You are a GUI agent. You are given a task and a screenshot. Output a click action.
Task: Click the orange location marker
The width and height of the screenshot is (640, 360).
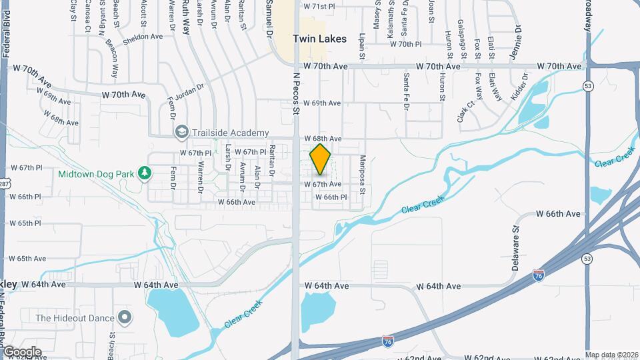(321, 159)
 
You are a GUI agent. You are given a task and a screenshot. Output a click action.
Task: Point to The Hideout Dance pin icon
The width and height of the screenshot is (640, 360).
(124, 317)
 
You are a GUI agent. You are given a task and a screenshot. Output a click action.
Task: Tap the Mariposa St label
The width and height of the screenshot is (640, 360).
(363, 175)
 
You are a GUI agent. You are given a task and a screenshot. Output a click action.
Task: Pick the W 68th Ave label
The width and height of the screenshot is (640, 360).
(323, 139)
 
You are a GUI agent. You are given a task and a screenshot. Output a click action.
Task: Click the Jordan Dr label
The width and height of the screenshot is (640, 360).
(180, 102)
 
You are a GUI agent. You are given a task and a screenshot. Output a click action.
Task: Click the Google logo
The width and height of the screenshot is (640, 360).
(22, 351)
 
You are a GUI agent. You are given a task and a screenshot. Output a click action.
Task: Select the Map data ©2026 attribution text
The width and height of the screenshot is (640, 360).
(611, 355)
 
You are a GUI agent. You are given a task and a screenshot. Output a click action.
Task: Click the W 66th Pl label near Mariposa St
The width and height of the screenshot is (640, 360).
(331, 197)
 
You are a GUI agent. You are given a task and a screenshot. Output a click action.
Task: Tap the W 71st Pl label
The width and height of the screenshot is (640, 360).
(319, 6)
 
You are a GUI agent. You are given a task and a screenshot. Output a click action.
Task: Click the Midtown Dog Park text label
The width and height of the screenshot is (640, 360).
(97, 174)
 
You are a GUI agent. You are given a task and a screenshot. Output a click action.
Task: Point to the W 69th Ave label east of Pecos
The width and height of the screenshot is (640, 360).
(322, 103)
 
